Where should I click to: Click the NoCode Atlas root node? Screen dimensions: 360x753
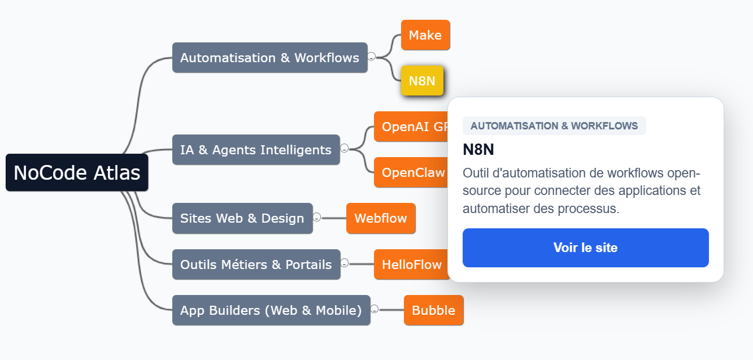point(77,172)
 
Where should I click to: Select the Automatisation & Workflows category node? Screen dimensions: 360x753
point(269,58)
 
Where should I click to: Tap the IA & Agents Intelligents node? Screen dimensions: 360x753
point(256,150)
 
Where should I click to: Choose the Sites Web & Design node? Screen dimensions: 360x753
point(242,218)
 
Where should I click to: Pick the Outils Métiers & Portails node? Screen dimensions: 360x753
point(256,264)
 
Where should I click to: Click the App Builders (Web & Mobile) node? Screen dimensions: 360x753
point(271,310)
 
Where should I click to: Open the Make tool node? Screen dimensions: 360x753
point(425,35)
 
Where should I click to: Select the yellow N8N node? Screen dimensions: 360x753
point(422,81)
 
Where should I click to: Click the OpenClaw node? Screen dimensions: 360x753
point(411,172)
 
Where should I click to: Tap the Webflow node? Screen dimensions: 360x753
point(380,218)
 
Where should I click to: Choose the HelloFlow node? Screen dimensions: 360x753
point(410,264)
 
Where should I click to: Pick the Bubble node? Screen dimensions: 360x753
point(433,310)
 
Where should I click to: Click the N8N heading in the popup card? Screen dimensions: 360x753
point(478,149)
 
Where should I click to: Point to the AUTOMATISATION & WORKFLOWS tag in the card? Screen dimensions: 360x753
point(554,125)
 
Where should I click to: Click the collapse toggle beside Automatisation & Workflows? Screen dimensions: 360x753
point(371,57)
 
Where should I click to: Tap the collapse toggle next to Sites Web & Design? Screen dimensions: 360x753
point(317,218)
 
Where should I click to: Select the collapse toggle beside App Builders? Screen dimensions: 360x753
point(375,309)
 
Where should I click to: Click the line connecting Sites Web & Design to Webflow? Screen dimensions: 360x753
point(333,218)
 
